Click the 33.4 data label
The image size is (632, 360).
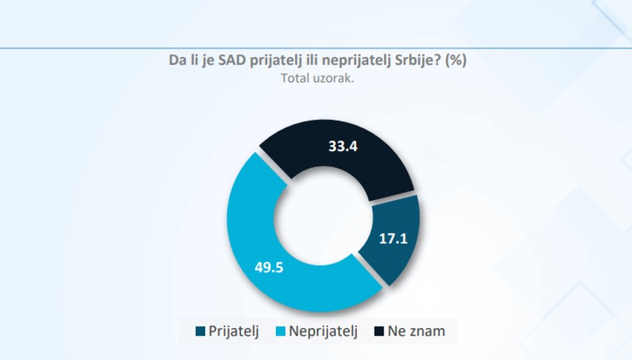[344, 147]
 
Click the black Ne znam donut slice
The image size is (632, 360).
[372, 160]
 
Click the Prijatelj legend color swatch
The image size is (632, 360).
[200, 332]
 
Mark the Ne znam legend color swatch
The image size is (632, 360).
[379, 332]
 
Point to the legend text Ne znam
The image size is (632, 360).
[416, 332]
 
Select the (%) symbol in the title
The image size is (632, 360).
[455, 61]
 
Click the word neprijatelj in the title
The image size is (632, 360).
[359, 61]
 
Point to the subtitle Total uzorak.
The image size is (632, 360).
[317, 77]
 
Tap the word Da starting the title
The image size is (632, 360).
[178, 61]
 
